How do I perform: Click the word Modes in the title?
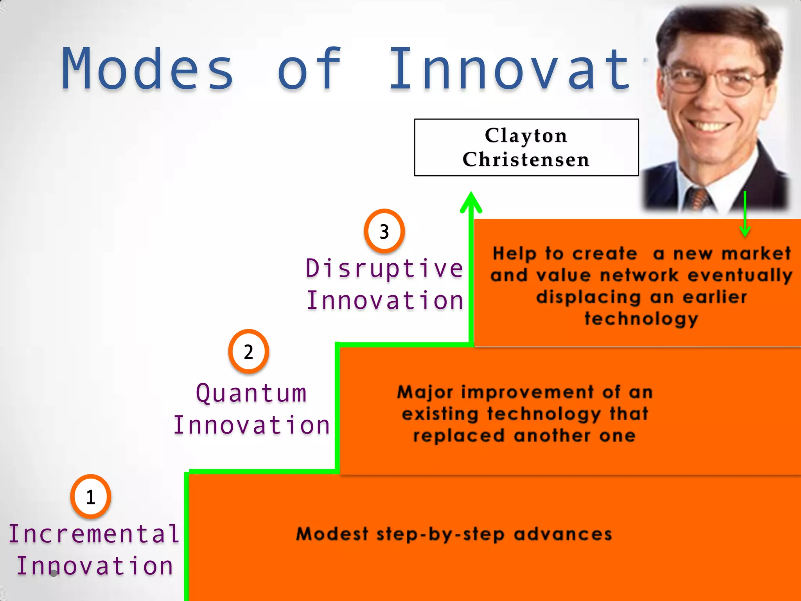(148, 70)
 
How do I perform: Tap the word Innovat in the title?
(508, 70)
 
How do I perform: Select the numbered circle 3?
(384, 231)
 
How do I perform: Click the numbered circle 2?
(248, 351)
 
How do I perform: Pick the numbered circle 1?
(91, 497)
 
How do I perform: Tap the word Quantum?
(251, 393)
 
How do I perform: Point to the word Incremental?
(94, 534)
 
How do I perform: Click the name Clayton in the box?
(526, 135)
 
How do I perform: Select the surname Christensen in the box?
(526, 160)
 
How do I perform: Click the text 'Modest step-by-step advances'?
(454, 534)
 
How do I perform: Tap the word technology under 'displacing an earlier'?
(641, 318)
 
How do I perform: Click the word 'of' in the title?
(309, 70)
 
